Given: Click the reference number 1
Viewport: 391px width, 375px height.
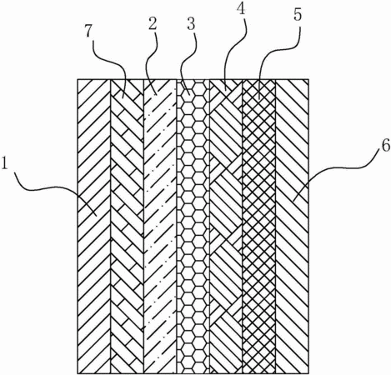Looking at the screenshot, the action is (4, 163).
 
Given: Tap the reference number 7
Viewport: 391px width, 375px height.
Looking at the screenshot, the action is (88, 32).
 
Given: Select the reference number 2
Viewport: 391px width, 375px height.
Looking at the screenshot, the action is (153, 24).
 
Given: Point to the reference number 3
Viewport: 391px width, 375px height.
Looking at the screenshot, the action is (191, 24).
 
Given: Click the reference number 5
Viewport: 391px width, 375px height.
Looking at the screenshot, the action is (298, 14).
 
